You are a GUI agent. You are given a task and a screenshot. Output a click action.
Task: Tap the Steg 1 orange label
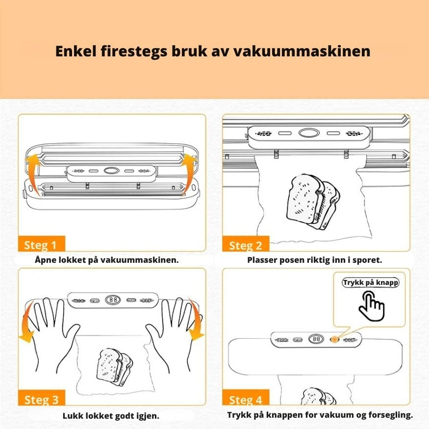click(41, 245)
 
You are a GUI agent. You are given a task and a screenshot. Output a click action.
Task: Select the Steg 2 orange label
click(246, 245)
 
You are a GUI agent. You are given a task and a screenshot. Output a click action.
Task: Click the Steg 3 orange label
click(41, 400)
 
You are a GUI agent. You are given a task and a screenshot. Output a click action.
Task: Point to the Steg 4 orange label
click(246, 400)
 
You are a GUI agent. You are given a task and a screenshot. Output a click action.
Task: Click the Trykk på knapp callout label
click(371, 283)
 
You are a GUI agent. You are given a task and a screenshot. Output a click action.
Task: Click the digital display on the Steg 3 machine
click(112, 299)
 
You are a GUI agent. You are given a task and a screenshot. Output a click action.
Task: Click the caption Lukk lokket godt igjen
click(111, 416)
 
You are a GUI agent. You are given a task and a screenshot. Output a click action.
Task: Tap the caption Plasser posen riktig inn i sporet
click(314, 260)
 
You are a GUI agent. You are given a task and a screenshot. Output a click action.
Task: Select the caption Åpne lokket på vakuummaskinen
click(106, 260)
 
